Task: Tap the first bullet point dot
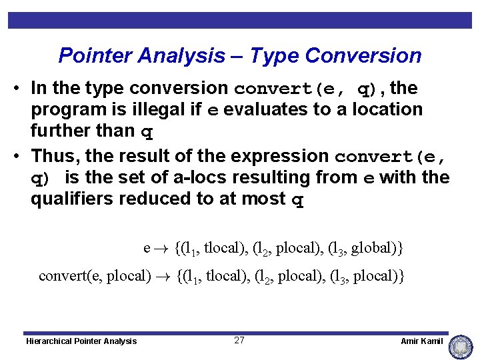coord(22,89)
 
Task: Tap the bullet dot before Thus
coord(22,157)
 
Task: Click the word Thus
coord(56,156)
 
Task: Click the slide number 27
coord(239,341)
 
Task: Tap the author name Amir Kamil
coord(421,341)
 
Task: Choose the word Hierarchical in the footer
coord(50,341)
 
